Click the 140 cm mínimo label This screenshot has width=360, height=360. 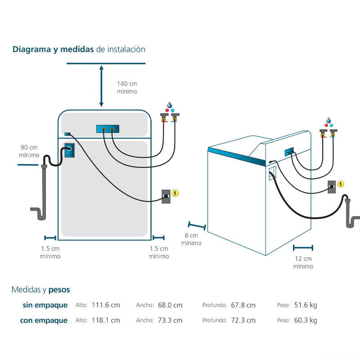tap(127, 87)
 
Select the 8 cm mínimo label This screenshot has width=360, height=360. tap(191, 239)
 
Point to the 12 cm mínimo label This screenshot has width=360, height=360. tap(303, 262)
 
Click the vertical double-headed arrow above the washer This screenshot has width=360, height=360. tap(102, 86)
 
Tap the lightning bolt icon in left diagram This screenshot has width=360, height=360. tap(176, 193)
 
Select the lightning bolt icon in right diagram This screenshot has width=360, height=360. tap(341, 184)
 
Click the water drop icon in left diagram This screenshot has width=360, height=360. tap(170, 104)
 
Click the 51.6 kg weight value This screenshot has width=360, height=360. tap(305, 305)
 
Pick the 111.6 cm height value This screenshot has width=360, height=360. tap(106, 305)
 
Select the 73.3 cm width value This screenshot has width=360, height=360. tap(170, 320)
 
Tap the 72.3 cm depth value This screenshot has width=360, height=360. tap(243, 320)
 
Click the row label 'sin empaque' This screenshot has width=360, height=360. tap(45, 305)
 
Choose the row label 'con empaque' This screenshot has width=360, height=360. tap(44, 320)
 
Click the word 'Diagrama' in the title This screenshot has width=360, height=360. tap(31, 49)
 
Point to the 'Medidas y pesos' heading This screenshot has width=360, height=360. tap(40, 290)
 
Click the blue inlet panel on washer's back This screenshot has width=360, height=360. tap(108, 130)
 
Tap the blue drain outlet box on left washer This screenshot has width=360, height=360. tap(69, 151)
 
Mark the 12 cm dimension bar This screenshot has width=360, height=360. tap(303, 247)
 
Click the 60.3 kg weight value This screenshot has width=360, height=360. tap(305, 320)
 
